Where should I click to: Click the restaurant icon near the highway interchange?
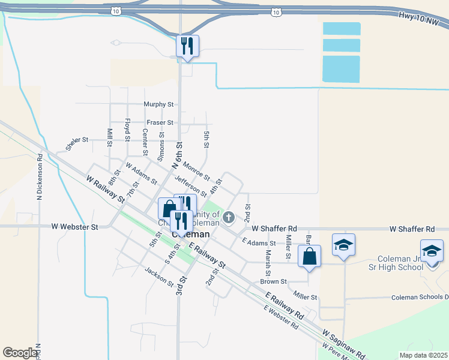point(187,46)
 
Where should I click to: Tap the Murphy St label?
point(158,104)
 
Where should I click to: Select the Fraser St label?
point(160,122)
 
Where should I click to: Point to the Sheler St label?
point(77,140)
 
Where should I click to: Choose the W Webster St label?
point(74,227)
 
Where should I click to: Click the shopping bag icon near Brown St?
point(309,256)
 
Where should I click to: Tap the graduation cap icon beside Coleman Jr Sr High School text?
point(432,250)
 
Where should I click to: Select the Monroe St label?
point(196,172)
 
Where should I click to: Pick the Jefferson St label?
point(190,186)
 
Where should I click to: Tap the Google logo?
point(20,353)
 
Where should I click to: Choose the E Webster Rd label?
point(281,318)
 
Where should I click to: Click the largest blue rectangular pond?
point(342,69)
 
